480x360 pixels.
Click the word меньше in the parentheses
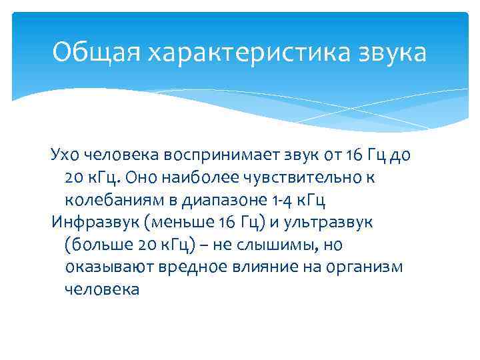pyautogui.click(x=169, y=223)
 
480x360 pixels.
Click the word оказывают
pyautogui.click(x=109, y=267)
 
